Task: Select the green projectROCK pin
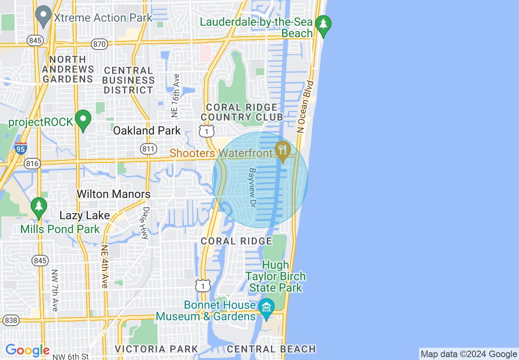[x=83, y=120]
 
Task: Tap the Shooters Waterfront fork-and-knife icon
[x=282, y=150]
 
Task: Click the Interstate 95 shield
[x=20, y=148]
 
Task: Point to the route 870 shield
[x=99, y=44]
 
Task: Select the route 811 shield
[x=148, y=148]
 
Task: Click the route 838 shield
[x=11, y=320]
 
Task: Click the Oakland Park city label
[x=147, y=131]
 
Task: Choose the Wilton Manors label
[x=114, y=194]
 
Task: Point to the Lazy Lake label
[x=85, y=216]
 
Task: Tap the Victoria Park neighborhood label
[x=156, y=349]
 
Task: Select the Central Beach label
[x=271, y=349]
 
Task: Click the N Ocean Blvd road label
[x=305, y=106]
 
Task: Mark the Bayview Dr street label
[x=253, y=187]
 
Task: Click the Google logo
[x=27, y=351]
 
